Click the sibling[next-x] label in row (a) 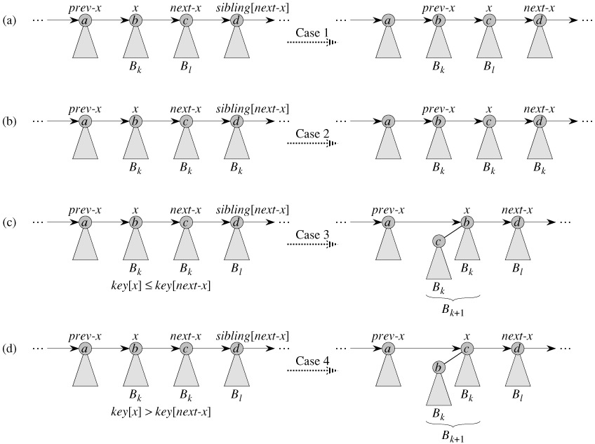[x=254, y=10]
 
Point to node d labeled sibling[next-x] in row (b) [x=236, y=121]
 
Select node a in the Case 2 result [x=388, y=121]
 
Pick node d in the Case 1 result [x=539, y=21]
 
